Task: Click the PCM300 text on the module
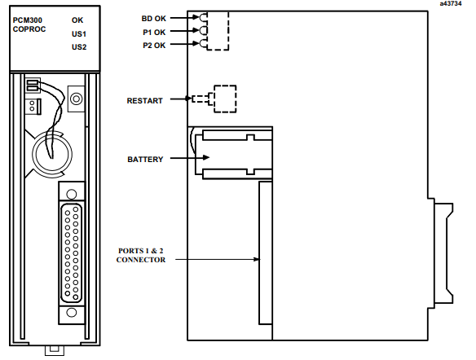coord(28,20)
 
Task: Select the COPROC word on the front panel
coord(29,29)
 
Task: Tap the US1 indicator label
coord(79,34)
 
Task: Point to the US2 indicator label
coord(79,47)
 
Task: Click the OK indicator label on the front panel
coord(77,20)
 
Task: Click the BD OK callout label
coord(153,19)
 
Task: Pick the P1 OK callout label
coord(154,32)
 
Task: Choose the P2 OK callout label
coord(154,46)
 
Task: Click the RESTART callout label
coord(144,101)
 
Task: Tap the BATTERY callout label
coord(145,159)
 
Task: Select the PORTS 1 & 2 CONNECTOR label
coord(141,256)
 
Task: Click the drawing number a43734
coord(451,3)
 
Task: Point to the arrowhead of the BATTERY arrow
coord(206,157)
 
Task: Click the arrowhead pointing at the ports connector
coord(257,259)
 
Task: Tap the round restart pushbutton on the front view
coord(76,99)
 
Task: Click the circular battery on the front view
coord(52,154)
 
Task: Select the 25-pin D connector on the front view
coord(72,253)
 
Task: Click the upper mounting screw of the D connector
coord(72,194)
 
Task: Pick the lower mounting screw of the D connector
coord(72,313)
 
